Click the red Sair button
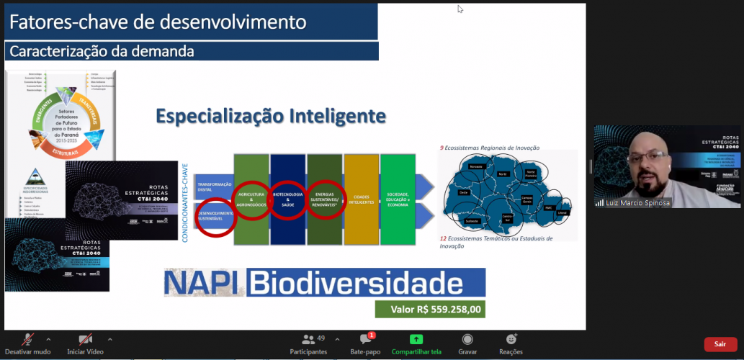(x=720, y=344)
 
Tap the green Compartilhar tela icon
(x=416, y=339)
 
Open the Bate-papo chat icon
(x=365, y=339)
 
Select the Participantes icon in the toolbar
(x=308, y=339)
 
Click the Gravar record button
(x=467, y=339)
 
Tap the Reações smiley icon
(x=511, y=339)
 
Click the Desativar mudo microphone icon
(x=28, y=339)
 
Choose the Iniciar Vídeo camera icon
(x=85, y=339)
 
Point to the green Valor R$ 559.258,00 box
(x=430, y=310)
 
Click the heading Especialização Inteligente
(x=271, y=115)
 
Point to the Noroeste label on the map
(x=475, y=167)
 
